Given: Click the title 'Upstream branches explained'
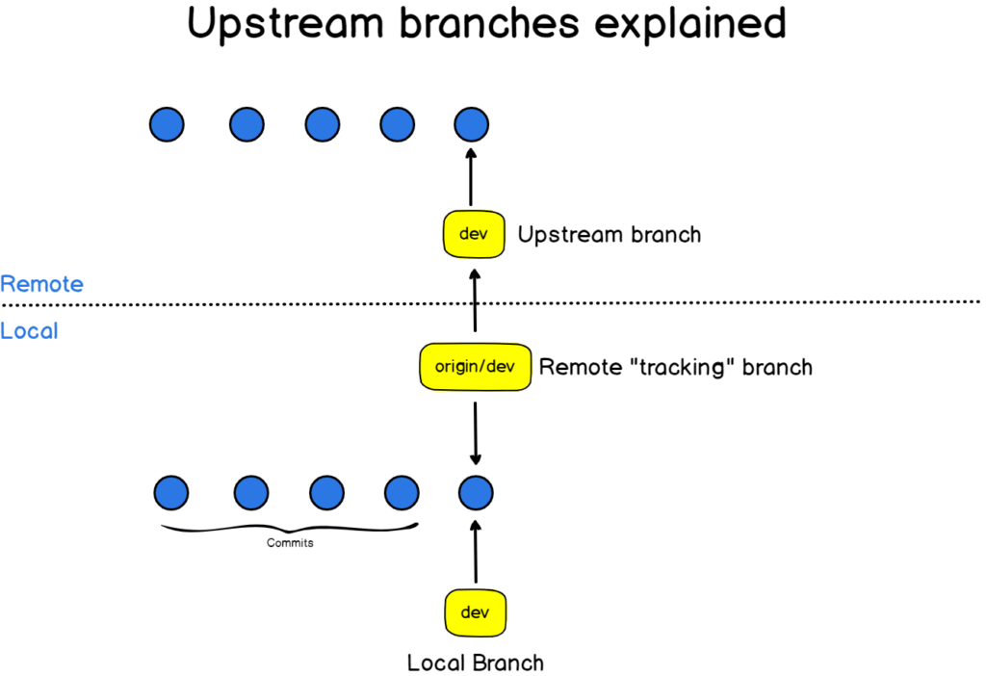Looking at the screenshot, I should coord(486,24).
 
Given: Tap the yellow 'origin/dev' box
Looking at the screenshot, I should coord(476,367).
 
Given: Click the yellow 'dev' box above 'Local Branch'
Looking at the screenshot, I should coord(476,611).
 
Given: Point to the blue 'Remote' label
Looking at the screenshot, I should coord(41,284).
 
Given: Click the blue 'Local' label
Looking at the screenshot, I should coord(29,331).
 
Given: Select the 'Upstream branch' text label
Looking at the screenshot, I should coord(609,234).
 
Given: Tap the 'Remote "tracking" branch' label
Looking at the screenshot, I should coord(675,367).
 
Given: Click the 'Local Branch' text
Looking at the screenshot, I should coord(476,663).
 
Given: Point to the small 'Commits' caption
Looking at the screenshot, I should coord(290,543).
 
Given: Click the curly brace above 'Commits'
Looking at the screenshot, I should coord(289,529).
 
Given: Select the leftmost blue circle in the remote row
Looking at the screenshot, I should coord(167,124).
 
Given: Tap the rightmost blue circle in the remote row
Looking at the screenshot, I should coord(472,124).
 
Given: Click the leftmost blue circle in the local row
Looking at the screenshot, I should coord(171,493).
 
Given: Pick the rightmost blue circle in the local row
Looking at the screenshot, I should coord(476,493).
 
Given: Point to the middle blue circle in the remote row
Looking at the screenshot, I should coord(322,124).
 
